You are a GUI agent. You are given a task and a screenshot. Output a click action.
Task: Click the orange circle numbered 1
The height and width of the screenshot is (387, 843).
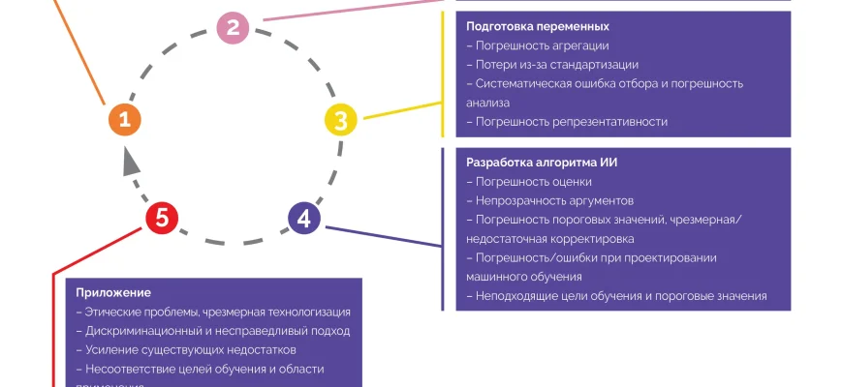pos(124,120)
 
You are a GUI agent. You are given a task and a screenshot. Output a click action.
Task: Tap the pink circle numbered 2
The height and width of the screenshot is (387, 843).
pos(233,27)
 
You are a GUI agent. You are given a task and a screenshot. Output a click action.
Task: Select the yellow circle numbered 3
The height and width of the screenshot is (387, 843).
pos(340,121)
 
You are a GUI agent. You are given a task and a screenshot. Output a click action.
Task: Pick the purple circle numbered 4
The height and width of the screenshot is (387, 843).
pos(304,218)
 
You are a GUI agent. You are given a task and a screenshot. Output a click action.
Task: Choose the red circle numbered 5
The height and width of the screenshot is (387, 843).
pos(162,219)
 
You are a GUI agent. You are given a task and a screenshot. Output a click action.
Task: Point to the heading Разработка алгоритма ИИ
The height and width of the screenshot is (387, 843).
pos(542,163)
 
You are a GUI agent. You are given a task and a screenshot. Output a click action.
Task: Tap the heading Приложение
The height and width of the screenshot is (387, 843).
pos(113,292)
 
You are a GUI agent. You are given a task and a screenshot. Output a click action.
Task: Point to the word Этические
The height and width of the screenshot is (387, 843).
pos(112,312)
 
